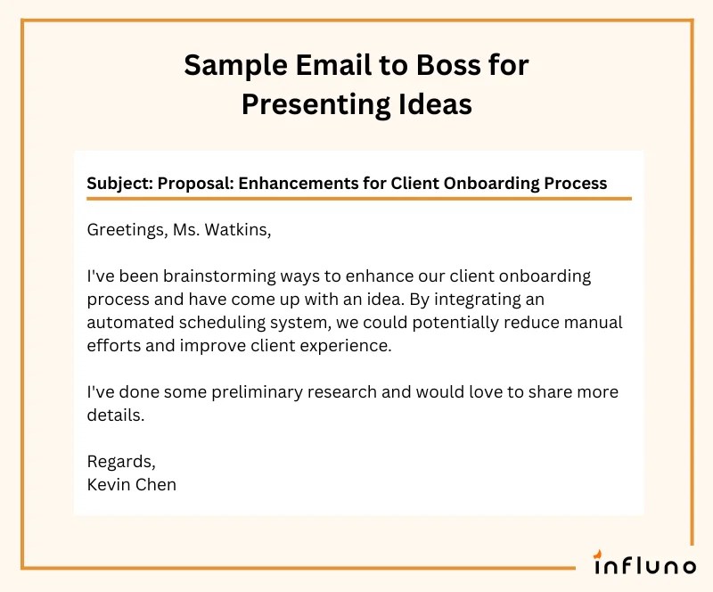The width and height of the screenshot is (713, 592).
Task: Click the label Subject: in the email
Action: [119, 183]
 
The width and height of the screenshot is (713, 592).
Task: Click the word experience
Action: [345, 346]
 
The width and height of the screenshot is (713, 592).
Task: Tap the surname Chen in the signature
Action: [156, 485]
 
